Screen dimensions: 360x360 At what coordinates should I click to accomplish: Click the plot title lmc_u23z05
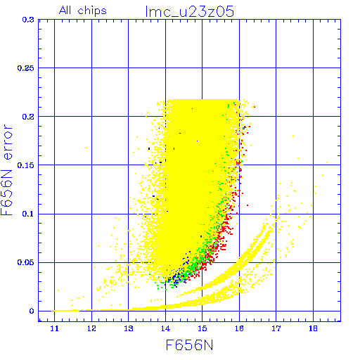[x=190, y=12]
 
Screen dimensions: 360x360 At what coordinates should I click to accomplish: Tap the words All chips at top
[x=83, y=11]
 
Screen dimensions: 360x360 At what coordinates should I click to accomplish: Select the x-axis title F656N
[x=189, y=345]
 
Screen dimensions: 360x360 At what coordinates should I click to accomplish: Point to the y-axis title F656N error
[x=7, y=170]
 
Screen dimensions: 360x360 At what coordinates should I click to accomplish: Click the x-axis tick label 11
[x=54, y=328]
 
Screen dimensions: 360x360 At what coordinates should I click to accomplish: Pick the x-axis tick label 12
[x=91, y=328]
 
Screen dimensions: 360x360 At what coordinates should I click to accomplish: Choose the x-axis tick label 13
[x=129, y=328]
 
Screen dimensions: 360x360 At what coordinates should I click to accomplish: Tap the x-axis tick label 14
[x=165, y=328]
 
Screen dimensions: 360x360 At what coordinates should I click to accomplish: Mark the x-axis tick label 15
[x=202, y=328]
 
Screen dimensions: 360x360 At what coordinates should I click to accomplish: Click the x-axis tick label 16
[x=239, y=328]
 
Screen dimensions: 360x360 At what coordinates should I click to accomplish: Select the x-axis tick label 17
[x=276, y=328]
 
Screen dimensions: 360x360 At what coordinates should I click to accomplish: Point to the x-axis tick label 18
[x=313, y=328]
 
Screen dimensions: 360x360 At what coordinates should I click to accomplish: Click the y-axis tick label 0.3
[x=28, y=20]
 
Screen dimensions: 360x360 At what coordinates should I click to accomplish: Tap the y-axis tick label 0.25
[x=25, y=68]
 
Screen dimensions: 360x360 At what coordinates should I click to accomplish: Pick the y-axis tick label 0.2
[x=28, y=117]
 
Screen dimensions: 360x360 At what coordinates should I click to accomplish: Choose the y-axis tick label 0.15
[x=25, y=165]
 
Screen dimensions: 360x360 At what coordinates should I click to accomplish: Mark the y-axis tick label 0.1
[x=28, y=214]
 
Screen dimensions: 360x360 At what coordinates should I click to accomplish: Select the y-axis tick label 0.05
[x=25, y=262]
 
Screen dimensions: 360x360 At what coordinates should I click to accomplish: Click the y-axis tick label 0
[x=32, y=311]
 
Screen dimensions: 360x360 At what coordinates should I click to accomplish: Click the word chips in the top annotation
[x=92, y=11]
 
